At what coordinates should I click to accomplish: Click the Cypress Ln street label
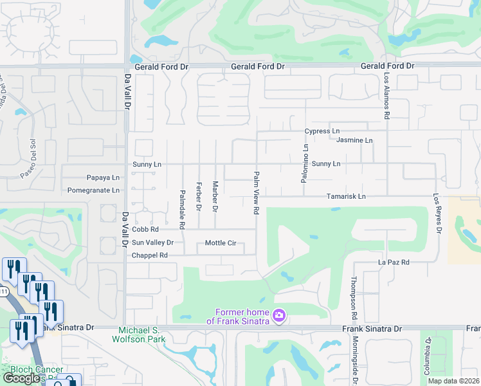pyautogui.click(x=322, y=131)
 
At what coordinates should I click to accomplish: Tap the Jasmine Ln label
pyautogui.click(x=355, y=140)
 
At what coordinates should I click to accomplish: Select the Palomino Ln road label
pyautogui.click(x=305, y=164)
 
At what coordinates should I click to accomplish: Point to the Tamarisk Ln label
pyautogui.click(x=345, y=196)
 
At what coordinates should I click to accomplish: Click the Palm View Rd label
pyautogui.click(x=256, y=192)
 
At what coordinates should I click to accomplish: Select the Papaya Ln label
pyautogui.click(x=103, y=178)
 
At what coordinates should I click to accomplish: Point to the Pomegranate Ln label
pyautogui.click(x=94, y=190)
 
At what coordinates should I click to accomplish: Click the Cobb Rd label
pyautogui.click(x=145, y=229)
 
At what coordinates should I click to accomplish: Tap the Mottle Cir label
pyautogui.click(x=221, y=243)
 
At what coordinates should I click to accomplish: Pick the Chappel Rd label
pyautogui.click(x=149, y=255)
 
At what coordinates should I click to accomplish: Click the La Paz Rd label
pyautogui.click(x=394, y=262)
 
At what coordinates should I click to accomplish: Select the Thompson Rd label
pyautogui.click(x=354, y=299)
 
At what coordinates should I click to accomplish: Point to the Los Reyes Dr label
pyautogui.click(x=437, y=214)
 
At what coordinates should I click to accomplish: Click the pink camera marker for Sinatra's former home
pyautogui.click(x=279, y=315)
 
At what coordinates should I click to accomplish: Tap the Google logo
pyautogui.click(x=23, y=379)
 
